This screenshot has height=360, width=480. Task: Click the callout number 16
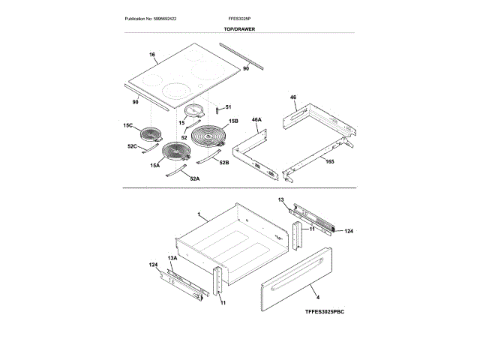(151, 55)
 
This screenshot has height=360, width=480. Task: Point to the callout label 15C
(128, 126)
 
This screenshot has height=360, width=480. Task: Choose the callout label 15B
(233, 121)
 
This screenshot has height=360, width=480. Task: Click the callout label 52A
(194, 178)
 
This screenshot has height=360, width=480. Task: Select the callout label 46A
(256, 119)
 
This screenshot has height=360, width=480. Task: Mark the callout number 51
(229, 108)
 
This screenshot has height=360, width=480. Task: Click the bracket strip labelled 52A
(178, 173)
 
